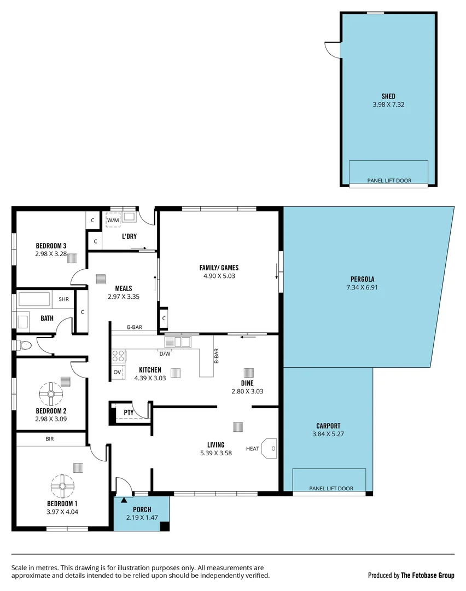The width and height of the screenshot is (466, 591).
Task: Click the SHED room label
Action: click(x=388, y=96)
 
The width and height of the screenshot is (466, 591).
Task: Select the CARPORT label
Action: click(x=328, y=426)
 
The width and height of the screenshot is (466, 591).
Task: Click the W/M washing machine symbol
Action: click(x=113, y=220)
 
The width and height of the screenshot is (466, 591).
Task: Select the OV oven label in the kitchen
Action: click(x=117, y=372)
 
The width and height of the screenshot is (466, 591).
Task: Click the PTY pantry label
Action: click(x=129, y=413)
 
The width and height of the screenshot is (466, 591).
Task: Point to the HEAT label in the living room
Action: click(x=253, y=449)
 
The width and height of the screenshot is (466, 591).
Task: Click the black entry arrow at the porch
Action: click(x=124, y=499)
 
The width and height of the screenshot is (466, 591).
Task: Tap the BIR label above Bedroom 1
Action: click(x=50, y=439)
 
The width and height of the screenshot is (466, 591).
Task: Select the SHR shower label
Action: click(x=63, y=299)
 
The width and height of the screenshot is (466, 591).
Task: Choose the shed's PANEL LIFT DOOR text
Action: click(x=388, y=181)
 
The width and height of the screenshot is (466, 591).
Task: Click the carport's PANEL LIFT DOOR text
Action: click(x=331, y=488)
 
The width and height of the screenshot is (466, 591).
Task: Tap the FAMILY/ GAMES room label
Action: click(x=219, y=268)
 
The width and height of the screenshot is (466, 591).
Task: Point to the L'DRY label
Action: click(x=129, y=236)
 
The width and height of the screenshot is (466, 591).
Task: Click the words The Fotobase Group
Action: click(x=428, y=575)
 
